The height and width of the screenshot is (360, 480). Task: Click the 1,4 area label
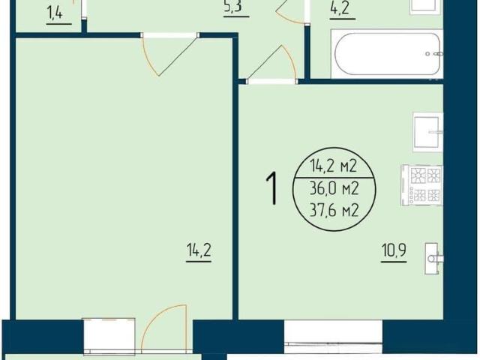click(55, 13)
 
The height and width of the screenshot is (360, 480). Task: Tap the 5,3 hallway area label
click(233, 6)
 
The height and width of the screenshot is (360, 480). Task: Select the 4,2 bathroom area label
click(340, 8)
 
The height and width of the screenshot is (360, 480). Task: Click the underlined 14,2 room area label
click(199, 250)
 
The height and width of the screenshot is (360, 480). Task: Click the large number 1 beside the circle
click(271, 188)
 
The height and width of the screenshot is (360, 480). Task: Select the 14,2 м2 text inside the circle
click(334, 166)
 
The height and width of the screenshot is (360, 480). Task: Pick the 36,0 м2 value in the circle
click(334, 189)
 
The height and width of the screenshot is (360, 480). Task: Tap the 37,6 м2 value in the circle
click(334, 210)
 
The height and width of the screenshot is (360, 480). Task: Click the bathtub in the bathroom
click(387, 54)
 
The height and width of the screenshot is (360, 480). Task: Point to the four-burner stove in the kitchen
click(421, 185)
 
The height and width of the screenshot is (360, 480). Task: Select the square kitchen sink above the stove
click(427, 132)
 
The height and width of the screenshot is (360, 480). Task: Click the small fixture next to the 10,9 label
click(433, 259)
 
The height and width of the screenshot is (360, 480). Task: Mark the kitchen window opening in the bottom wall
click(333, 336)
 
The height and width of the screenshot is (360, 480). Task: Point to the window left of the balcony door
click(109, 335)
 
